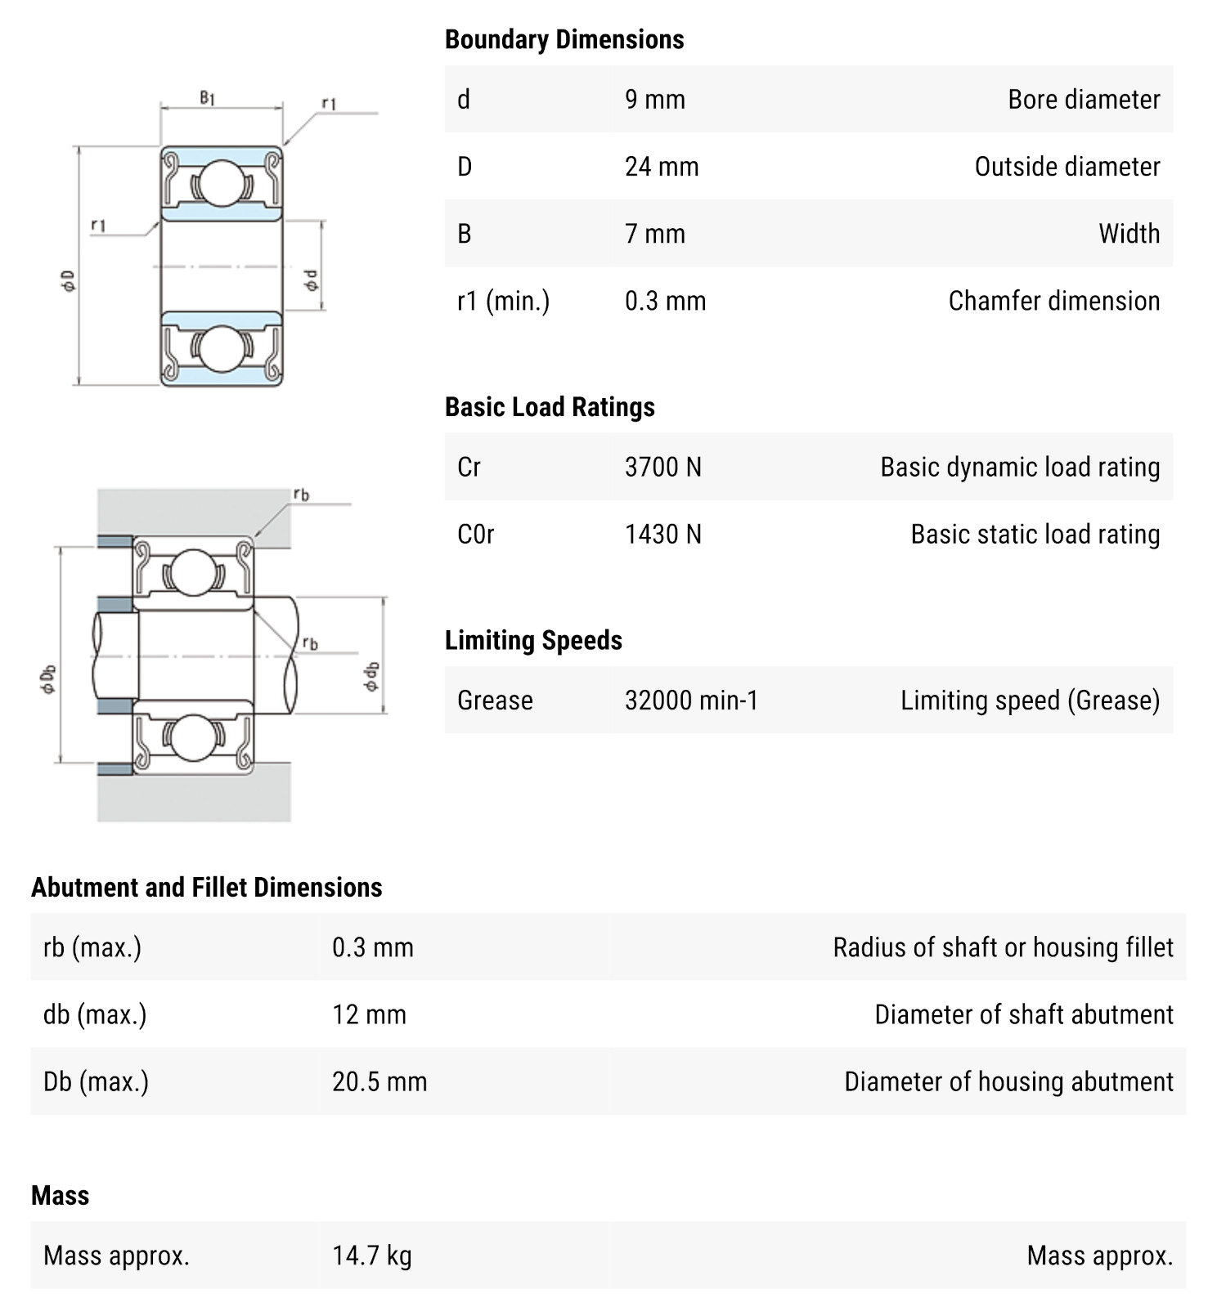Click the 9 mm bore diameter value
coord(654,100)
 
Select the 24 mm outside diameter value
coord(661,167)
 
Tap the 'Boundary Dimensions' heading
coord(564,39)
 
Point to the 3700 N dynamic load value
coord(662,468)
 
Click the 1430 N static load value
coord(662,535)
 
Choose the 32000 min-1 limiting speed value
coord(691,700)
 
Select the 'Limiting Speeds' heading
coord(533,640)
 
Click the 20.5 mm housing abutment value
coord(379,1082)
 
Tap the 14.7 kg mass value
coord(371,1255)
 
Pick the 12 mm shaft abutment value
coord(369,1015)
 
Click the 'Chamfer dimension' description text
coord(1053,301)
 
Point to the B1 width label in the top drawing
coord(208,98)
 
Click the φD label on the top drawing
coord(69,280)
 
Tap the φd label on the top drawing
coord(311,280)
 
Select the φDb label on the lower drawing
coord(48,679)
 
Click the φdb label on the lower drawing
coord(371,676)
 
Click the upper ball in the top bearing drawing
coord(222,182)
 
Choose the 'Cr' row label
coord(469,468)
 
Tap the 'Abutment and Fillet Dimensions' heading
coord(206,888)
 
